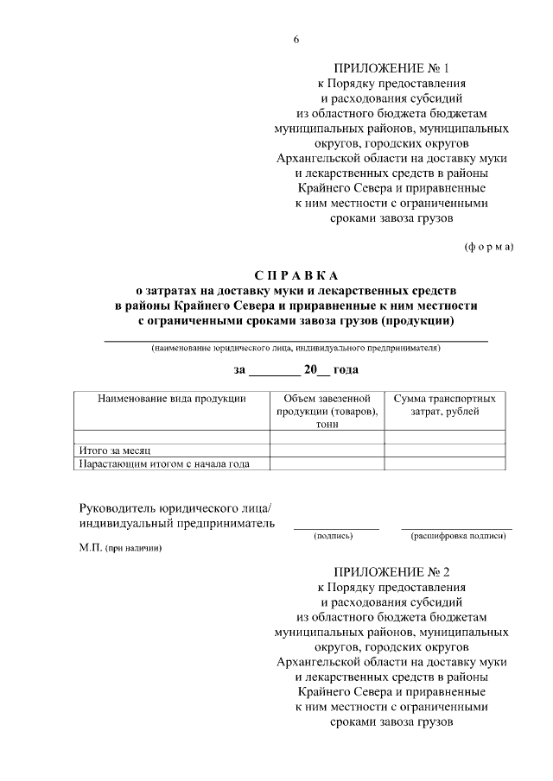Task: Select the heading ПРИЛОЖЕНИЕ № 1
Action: point(391,67)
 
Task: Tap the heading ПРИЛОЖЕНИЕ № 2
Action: point(391,570)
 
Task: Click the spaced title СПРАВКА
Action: point(296,275)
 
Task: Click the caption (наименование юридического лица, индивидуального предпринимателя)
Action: point(296,349)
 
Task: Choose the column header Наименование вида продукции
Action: point(172,399)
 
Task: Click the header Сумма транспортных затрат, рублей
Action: point(444,406)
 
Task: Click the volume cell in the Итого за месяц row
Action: point(327,450)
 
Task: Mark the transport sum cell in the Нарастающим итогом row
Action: point(444,463)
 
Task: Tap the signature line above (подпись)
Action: point(336,526)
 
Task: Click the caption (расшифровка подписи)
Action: point(457,536)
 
